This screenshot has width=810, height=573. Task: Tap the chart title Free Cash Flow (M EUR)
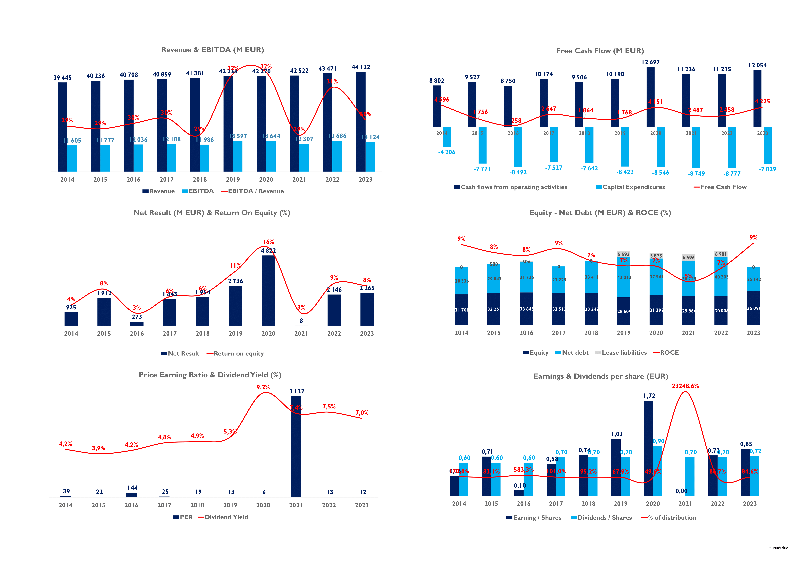600,51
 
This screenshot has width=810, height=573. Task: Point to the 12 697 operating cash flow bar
650,97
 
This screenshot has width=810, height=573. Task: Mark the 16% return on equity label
269,242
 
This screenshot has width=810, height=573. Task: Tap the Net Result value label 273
137,317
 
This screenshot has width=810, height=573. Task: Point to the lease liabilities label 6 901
721,254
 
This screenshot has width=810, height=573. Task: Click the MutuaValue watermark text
778,548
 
